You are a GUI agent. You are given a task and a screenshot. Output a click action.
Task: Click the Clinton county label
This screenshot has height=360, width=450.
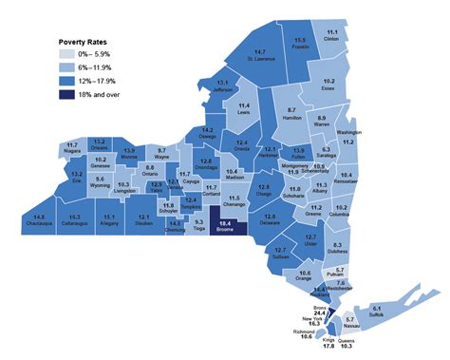(331, 40)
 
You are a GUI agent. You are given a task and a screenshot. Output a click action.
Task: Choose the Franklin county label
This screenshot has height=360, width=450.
(300, 46)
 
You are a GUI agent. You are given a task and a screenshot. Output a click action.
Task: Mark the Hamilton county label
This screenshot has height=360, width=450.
(291, 116)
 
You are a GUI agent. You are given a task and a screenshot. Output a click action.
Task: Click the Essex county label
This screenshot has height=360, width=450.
(328, 87)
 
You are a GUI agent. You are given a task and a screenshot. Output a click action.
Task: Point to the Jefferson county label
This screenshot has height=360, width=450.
(221, 91)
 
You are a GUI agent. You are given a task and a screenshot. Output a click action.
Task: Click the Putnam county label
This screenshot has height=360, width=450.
(340, 275)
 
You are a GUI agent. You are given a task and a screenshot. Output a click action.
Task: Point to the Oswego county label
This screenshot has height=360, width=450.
(207, 136)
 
